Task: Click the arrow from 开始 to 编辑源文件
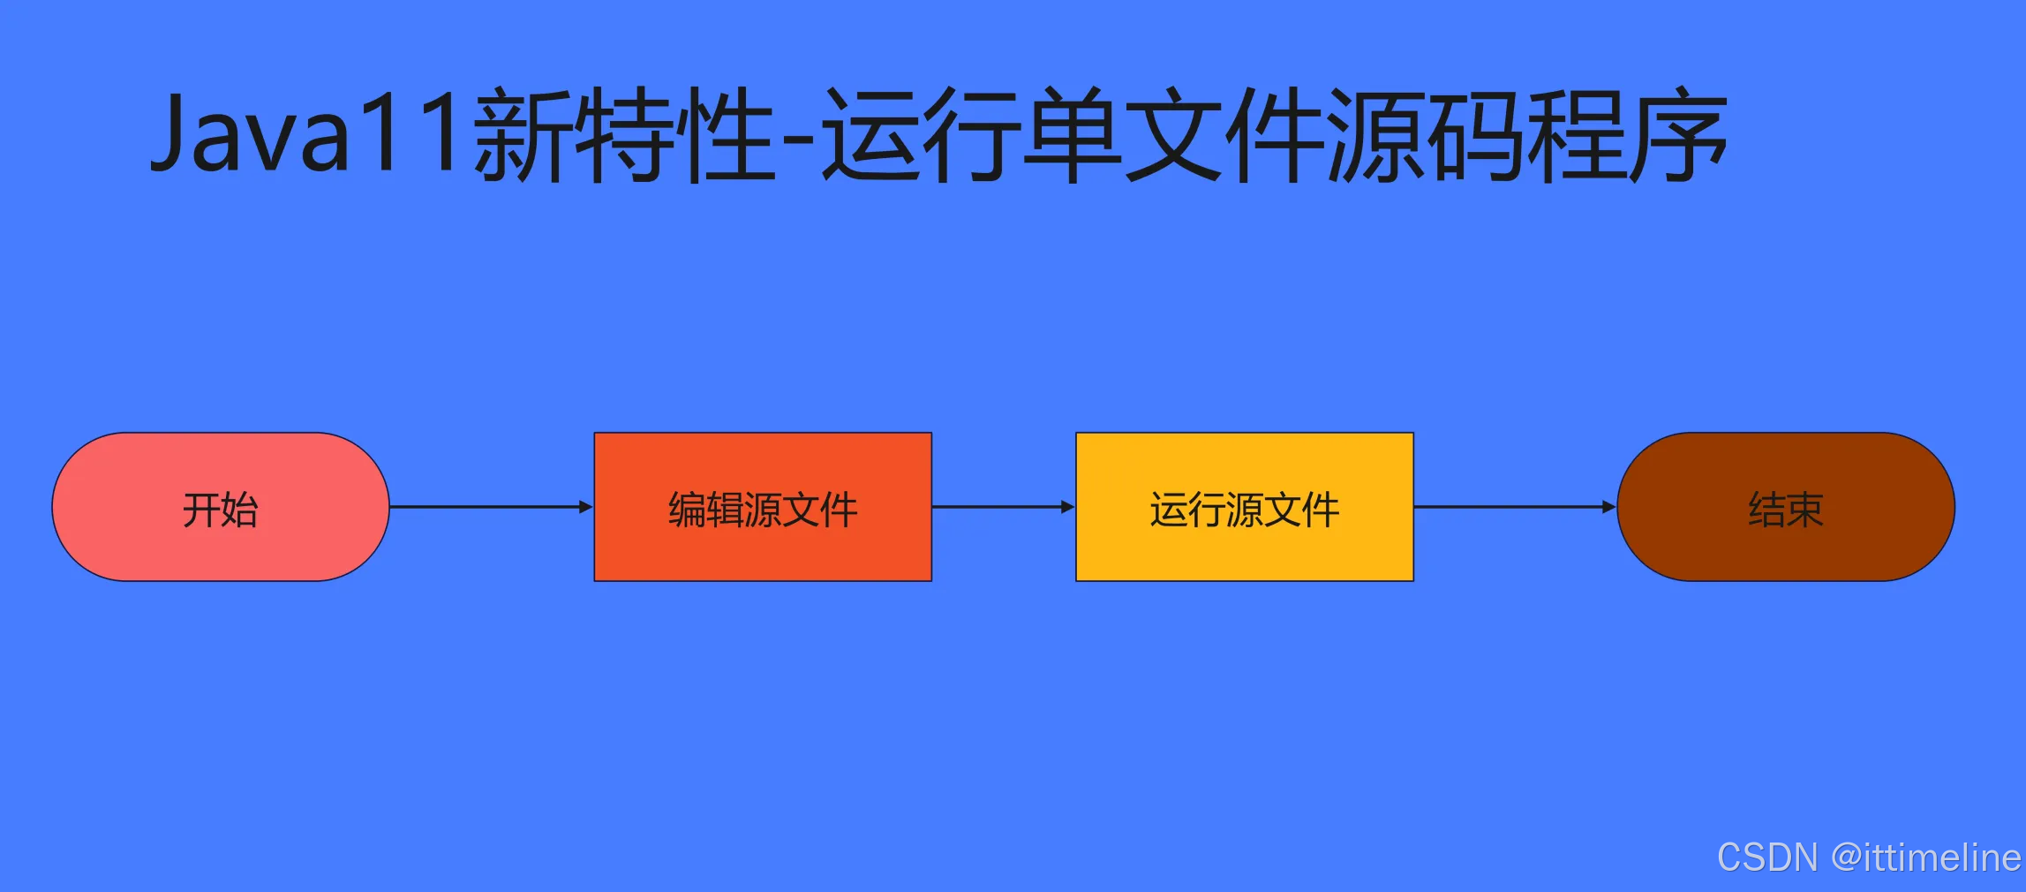point(486,507)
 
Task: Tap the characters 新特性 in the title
point(625,135)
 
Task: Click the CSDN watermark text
point(1767,858)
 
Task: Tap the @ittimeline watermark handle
point(1925,858)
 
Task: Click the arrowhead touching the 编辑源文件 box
point(586,507)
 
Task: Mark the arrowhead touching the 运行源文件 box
point(1068,507)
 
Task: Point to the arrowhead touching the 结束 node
point(1609,507)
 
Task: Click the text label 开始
point(220,510)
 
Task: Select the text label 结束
point(1786,510)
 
